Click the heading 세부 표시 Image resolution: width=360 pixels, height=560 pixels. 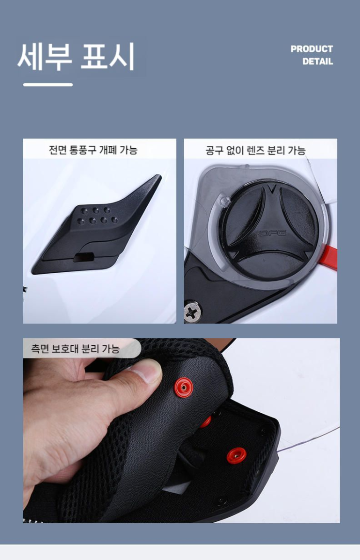(x=76, y=56)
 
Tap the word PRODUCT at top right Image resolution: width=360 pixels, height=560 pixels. (x=312, y=49)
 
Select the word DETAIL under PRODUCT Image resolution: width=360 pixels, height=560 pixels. (x=317, y=62)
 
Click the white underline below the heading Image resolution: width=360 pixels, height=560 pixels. (x=48, y=85)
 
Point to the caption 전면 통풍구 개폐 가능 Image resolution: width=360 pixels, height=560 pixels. (x=93, y=150)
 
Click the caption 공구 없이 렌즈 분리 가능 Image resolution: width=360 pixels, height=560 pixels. (x=255, y=150)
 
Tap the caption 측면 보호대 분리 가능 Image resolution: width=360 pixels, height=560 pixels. (x=76, y=348)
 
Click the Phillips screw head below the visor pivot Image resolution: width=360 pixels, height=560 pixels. (x=192, y=312)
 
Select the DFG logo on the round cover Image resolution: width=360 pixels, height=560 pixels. (x=273, y=233)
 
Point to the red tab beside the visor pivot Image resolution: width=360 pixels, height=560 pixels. (x=329, y=257)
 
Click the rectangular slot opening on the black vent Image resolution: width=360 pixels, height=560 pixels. (x=83, y=257)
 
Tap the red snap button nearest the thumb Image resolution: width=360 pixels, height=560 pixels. (x=184, y=387)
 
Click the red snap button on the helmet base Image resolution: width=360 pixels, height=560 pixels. (x=236, y=456)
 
